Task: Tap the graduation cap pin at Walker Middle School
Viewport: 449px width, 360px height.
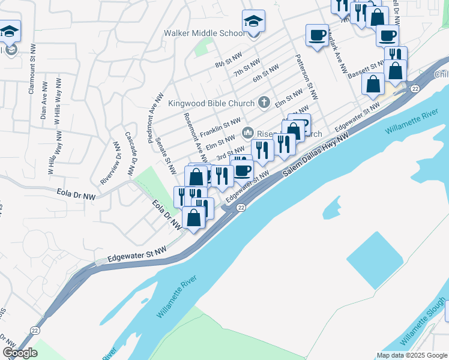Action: point(253,22)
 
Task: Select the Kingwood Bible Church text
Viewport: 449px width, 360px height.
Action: point(211,103)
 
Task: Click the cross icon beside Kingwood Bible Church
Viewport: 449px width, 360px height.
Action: point(263,103)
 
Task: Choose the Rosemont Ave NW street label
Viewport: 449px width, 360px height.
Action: point(195,137)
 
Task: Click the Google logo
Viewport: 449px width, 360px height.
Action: point(20,353)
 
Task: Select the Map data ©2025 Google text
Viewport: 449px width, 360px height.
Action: point(411,355)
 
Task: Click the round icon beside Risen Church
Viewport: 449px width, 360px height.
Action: point(247,132)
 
